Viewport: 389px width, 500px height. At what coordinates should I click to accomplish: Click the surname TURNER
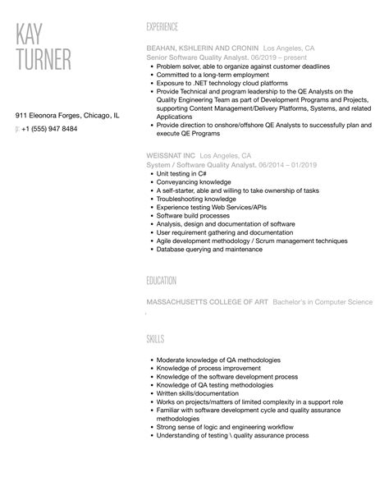click(45, 62)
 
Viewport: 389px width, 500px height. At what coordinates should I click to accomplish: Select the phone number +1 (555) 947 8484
click(50, 130)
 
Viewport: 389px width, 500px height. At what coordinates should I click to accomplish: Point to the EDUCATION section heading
click(162, 280)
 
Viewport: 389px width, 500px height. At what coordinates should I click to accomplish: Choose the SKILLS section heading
click(155, 338)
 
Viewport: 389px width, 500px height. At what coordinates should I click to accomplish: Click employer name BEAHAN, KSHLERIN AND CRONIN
click(202, 48)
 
